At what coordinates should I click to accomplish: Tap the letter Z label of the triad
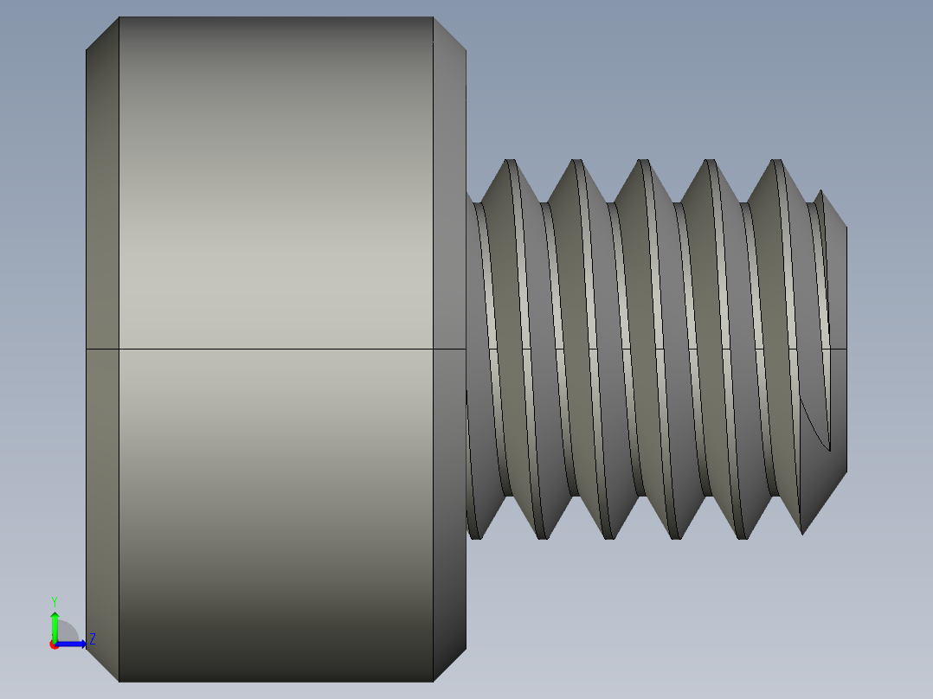pyautogui.click(x=92, y=639)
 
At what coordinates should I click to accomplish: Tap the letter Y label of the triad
pyautogui.click(x=55, y=600)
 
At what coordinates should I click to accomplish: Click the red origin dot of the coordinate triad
pyautogui.click(x=55, y=644)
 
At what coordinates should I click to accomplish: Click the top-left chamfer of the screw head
pyautogui.click(x=102, y=33)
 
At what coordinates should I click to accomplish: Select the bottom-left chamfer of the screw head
pyautogui.click(x=102, y=664)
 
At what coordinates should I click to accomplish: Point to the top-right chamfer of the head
pyautogui.click(x=449, y=33)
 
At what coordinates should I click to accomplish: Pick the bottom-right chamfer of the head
pyautogui.click(x=449, y=664)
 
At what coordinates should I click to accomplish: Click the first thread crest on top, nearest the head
pyautogui.click(x=511, y=162)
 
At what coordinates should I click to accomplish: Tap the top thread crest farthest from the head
pyautogui.click(x=776, y=162)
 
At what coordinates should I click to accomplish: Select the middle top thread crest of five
pyautogui.click(x=643, y=162)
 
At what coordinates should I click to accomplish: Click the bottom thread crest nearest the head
pyautogui.click(x=475, y=537)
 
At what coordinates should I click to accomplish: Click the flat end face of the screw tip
pyautogui.click(x=838, y=346)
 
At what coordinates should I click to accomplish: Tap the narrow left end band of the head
pyautogui.click(x=102, y=346)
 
